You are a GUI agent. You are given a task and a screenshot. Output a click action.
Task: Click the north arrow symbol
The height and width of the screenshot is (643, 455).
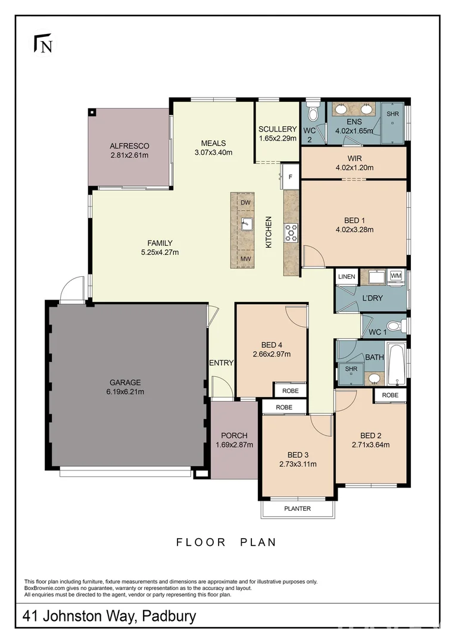[x=42, y=44]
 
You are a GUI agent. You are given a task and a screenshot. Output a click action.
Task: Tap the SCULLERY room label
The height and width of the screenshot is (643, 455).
[x=278, y=129]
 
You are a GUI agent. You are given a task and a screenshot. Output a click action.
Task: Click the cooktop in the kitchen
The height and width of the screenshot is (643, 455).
[x=292, y=232]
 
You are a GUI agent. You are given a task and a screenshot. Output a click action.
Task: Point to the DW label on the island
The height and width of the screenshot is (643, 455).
[x=245, y=202]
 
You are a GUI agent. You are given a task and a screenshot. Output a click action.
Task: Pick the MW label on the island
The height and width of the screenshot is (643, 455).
[x=245, y=259]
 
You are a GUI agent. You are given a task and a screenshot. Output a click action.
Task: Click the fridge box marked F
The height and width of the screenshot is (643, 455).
[x=290, y=177]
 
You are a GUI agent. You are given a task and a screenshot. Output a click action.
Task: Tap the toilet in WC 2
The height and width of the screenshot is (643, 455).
[x=313, y=113]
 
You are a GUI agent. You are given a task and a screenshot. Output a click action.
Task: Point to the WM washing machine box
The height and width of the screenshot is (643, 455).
[x=396, y=276]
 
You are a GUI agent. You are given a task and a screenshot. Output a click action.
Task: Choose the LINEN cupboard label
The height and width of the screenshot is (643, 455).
[x=347, y=277]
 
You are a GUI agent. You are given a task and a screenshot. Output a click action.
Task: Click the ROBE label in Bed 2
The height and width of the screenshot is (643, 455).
[x=390, y=395]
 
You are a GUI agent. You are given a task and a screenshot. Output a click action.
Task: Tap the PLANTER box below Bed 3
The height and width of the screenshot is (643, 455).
[x=297, y=508]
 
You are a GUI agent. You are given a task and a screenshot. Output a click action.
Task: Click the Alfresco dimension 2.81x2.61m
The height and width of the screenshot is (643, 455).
[x=129, y=155]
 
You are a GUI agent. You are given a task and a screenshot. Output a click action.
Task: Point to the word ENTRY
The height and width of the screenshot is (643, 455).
[x=222, y=363]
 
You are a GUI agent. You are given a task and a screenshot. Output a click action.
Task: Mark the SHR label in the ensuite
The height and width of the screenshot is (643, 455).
[x=392, y=113]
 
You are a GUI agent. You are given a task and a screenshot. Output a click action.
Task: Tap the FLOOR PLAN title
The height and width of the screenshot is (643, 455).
[x=226, y=542]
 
